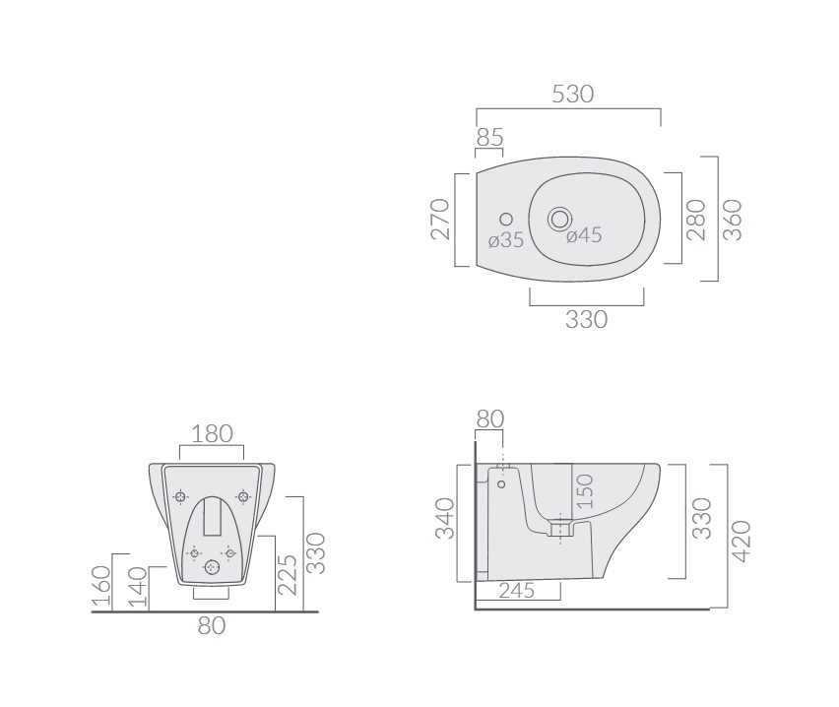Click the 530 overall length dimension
point(572,95)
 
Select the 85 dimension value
point(489,138)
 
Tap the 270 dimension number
point(440,219)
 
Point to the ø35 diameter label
point(505,240)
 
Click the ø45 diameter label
point(584,235)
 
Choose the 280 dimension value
point(696,220)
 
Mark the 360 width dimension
point(733,220)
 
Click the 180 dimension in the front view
point(212,434)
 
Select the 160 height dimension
point(101,585)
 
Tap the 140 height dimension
point(138,587)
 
